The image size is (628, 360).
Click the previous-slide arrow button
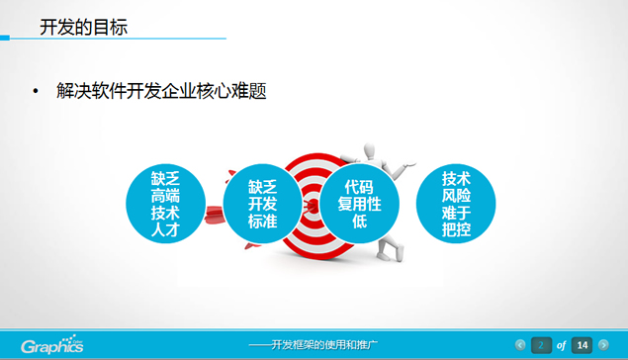click(x=520, y=345)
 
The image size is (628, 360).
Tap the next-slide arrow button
click(x=603, y=345)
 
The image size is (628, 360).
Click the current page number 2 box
click(x=541, y=345)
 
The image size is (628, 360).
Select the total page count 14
click(x=583, y=345)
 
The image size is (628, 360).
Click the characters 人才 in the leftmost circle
click(x=166, y=230)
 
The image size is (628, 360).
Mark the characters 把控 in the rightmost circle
click(x=456, y=230)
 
